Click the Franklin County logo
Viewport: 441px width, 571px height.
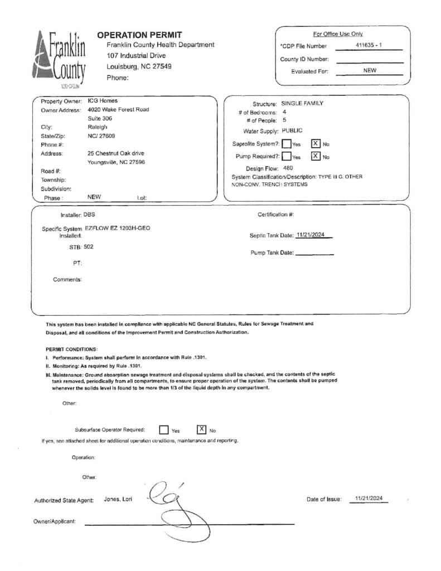(x=61, y=59)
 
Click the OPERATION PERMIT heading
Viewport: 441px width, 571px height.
(x=139, y=35)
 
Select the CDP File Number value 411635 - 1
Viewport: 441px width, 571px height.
(x=368, y=45)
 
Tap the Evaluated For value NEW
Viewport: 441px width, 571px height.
(x=369, y=71)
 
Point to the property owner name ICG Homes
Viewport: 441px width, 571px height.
(x=103, y=101)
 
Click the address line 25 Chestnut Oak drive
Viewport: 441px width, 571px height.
(x=116, y=153)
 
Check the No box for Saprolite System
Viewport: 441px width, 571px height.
(x=316, y=143)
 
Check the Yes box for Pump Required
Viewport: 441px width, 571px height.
(x=286, y=157)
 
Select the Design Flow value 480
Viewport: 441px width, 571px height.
(x=288, y=168)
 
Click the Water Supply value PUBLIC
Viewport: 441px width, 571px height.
(x=292, y=130)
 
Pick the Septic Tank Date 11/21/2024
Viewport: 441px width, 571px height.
(x=311, y=235)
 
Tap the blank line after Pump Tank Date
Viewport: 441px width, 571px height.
(x=314, y=253)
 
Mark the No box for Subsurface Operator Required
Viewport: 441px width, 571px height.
(x=201, y=429)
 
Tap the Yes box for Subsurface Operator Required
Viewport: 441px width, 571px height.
(x=164, y=430)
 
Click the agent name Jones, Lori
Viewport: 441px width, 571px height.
(x=118, y=499)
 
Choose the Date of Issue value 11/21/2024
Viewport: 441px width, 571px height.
(x=369, y=499)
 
